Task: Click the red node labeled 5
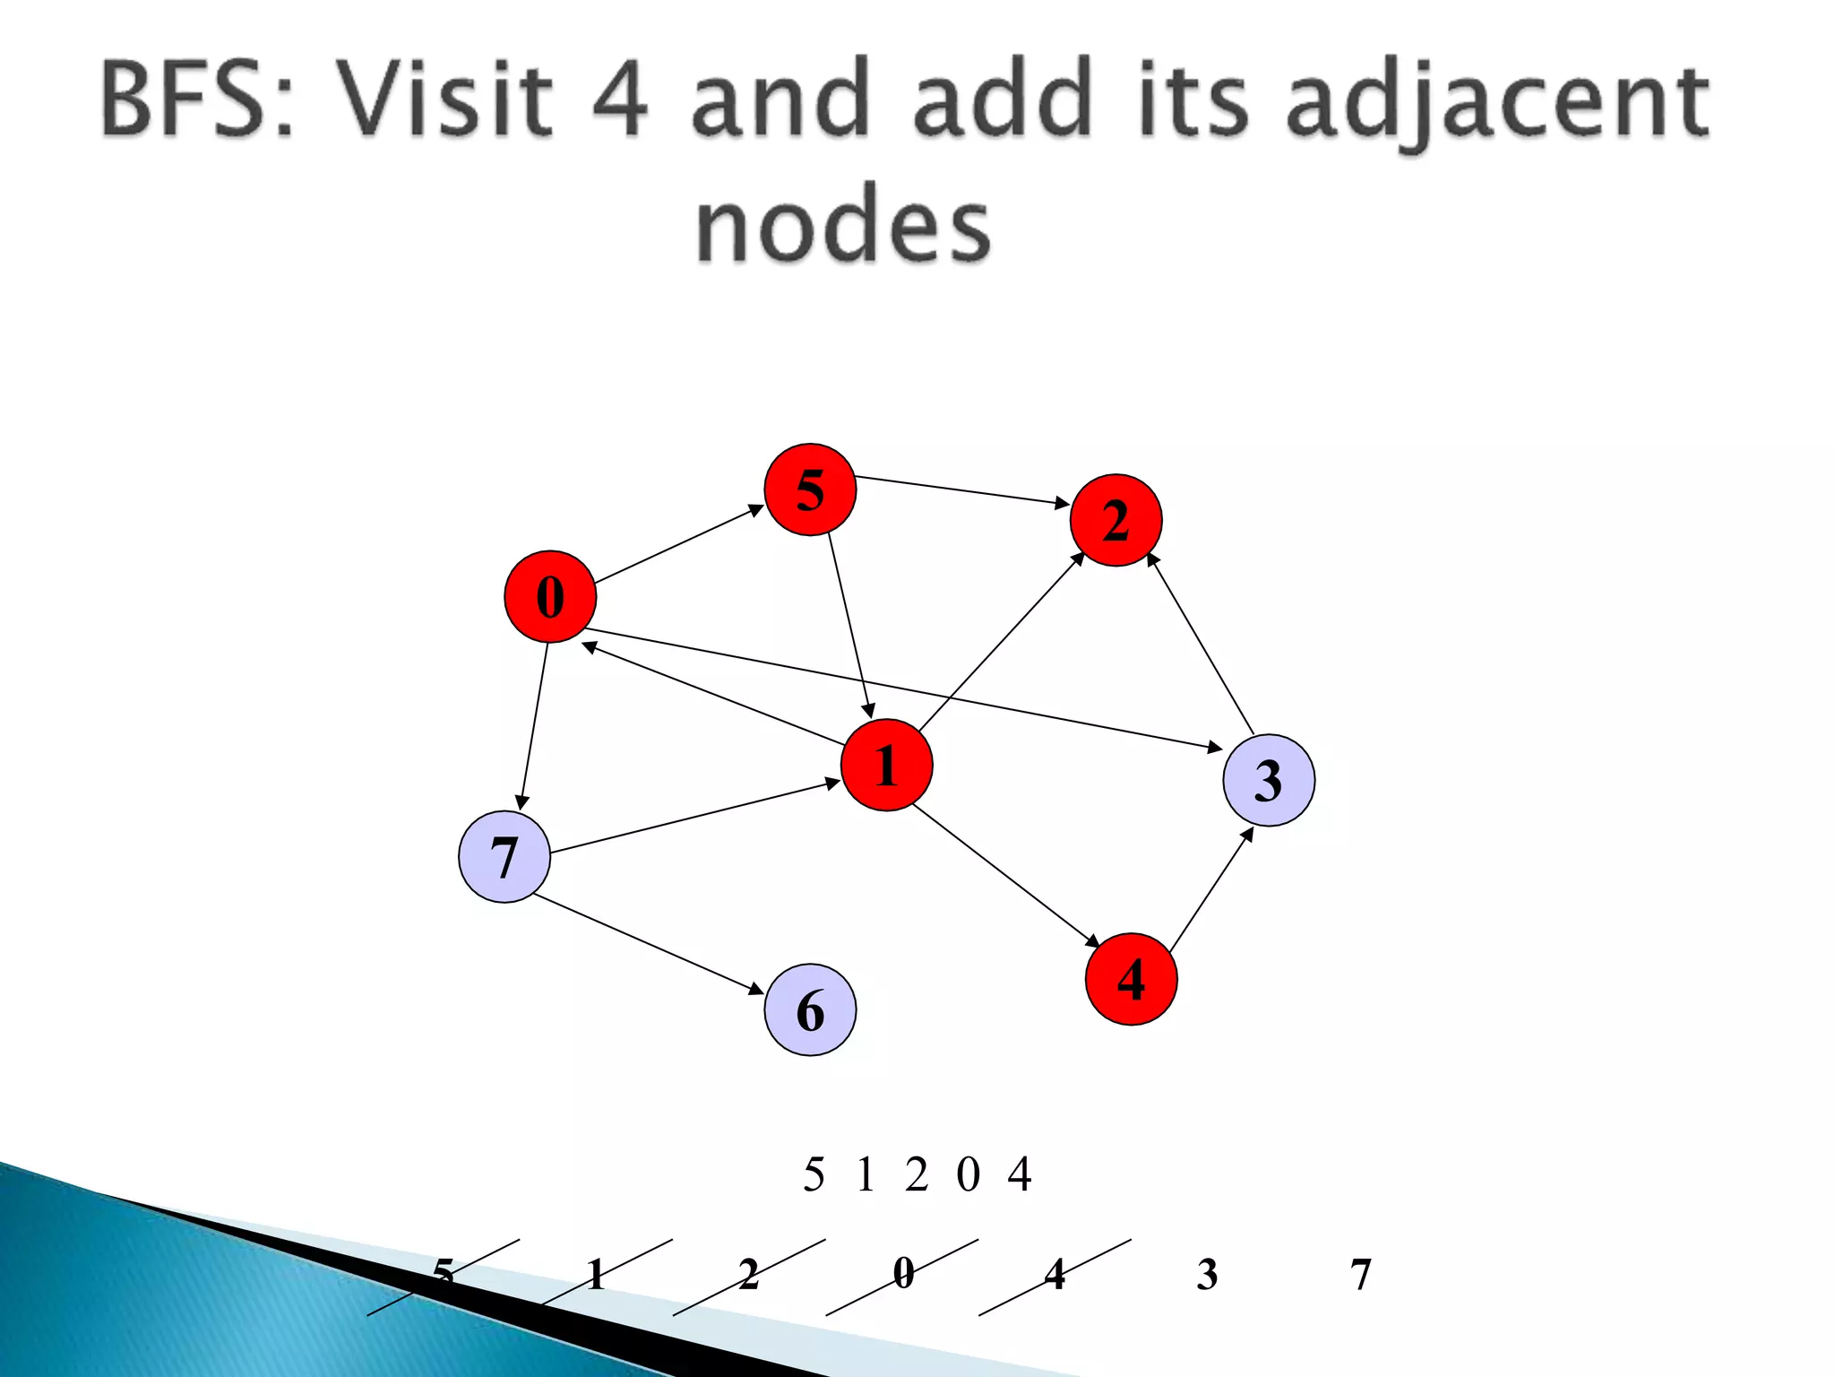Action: (x=810, y=489)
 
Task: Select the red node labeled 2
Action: (x=1116, y=520)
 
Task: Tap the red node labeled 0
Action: (x=550, y=596)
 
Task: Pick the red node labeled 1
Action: (x=886, y=765)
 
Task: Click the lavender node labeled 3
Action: (x=1269, y=780)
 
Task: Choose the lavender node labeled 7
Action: (x=504, y=857)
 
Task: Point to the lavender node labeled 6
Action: (x=810, y=1010)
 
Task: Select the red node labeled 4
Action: (x=1131, y=979)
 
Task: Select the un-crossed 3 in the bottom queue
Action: (x=1207, y=1274)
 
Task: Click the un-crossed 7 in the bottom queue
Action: (x=1360, y=1274)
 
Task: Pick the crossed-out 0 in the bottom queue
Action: (x=903, y=1274)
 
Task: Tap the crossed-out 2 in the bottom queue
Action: (x=749, y=1274)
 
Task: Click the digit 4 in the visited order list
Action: (x=1020, y=1174)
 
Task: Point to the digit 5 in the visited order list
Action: (x=814, y=1174)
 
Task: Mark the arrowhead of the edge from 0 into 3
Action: (x=1215, y=747)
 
